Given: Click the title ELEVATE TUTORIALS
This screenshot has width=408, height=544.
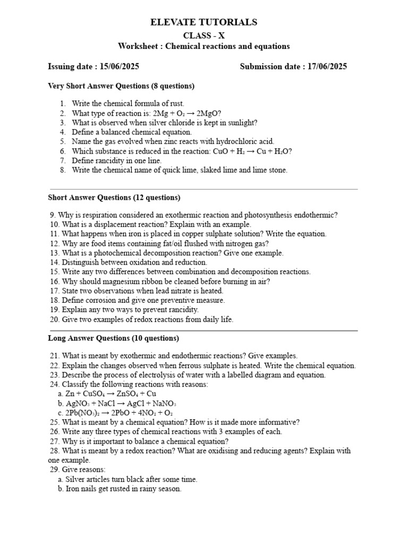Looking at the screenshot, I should (204, 22).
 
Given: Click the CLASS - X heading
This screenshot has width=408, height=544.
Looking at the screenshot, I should (204, 36).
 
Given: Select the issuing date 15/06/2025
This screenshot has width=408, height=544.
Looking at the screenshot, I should (119, 67).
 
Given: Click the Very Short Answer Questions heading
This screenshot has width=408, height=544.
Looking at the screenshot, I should (121, 86).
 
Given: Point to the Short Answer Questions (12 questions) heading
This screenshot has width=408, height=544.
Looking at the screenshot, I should (114, 198).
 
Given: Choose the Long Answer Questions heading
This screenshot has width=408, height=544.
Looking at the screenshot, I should (114, 338).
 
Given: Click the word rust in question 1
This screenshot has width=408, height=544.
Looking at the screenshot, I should (176, 104).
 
